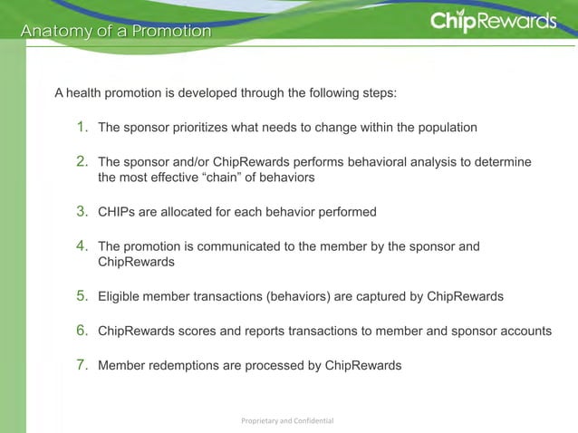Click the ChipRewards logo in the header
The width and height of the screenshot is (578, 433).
tap(493, 21)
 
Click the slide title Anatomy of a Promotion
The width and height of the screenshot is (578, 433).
tap(116, 32)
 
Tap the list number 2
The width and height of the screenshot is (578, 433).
tap(82, 161)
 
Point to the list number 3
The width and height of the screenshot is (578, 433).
tap(82, 212)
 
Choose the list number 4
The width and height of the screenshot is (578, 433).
tap(82, 245)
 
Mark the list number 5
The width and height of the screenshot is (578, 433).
tap(82, 296)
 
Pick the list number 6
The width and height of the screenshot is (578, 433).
tap(82, 331)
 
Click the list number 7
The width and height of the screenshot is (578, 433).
tap(82, 365)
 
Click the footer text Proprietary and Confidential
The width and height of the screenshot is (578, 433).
tap(289, 421)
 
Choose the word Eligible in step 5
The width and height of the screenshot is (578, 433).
tap(120, 297)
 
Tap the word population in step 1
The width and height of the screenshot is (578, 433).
tap(445, 128)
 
